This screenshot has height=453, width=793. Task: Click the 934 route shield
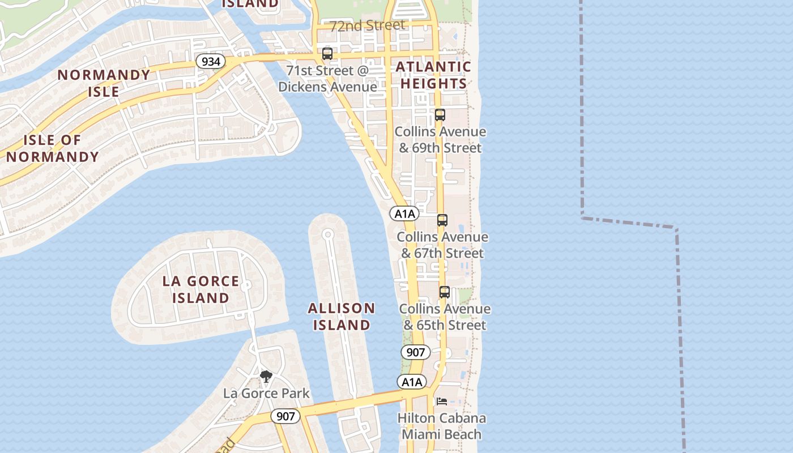[x=211, y=61]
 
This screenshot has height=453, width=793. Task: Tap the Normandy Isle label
[x=104, y=83]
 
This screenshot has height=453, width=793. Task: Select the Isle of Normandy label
[x=53, y=148]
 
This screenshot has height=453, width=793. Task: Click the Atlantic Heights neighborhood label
[x=433, y=75]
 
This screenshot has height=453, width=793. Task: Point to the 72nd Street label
[x=368, y=25]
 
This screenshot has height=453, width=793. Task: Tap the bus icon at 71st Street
[x=327, y=54]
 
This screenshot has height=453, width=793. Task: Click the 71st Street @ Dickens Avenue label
[x=327, y=79]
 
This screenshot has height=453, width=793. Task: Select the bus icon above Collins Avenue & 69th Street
[x=440, y=115]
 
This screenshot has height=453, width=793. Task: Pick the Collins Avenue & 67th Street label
[x=442, y=245]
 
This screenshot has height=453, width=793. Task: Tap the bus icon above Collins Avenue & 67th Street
[x=442, y=220]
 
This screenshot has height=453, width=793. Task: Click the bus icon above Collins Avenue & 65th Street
[x=445, y=292]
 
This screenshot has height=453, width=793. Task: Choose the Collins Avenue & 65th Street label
[x=445, y=317]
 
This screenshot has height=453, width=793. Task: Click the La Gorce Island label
[x=201, y=289]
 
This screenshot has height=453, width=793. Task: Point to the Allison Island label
[x=342, y=317]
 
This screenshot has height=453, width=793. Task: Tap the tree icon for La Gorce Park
[x=266, y=376]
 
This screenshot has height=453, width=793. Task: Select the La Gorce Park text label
[x=266, y=393]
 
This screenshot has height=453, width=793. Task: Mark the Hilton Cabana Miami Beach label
[x=441, y=426]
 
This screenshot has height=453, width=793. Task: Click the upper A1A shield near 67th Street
[x=404, y=213]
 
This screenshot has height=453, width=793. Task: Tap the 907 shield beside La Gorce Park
[x=285, y=416]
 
